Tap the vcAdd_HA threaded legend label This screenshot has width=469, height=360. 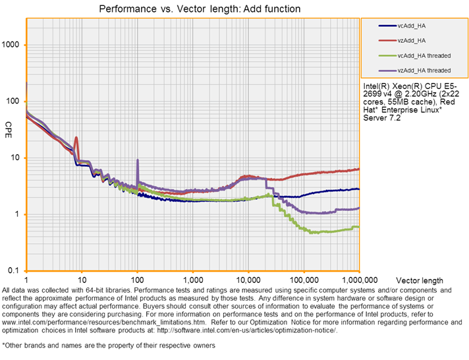(424, 55)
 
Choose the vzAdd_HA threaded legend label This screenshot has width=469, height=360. (424, 70)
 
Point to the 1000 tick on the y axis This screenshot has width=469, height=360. (13, 45)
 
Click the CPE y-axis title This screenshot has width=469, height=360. (9, 125)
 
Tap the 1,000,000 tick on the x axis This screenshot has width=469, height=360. (359, 280)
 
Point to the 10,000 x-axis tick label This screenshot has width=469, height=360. (248, 280)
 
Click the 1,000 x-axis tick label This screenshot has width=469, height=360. (193, 280)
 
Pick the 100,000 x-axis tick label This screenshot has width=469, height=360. (304, 280)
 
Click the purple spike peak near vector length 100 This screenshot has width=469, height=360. (137, 160)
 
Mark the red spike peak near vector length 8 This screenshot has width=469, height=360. (77, 138)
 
